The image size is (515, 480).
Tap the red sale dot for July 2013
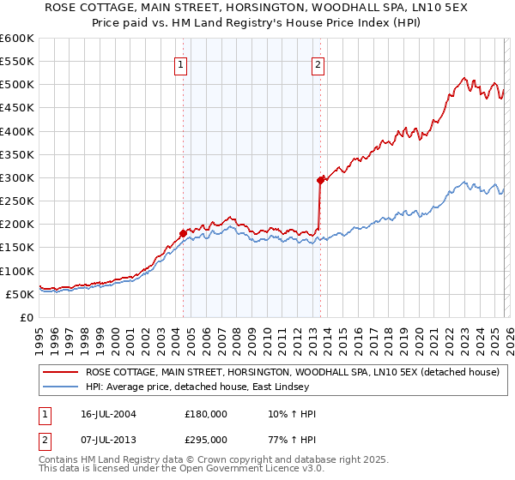click(x=320, y=180)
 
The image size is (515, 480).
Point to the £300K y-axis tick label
click(x=17, y=177)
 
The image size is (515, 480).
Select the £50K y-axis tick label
click(x=20, y=294)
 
